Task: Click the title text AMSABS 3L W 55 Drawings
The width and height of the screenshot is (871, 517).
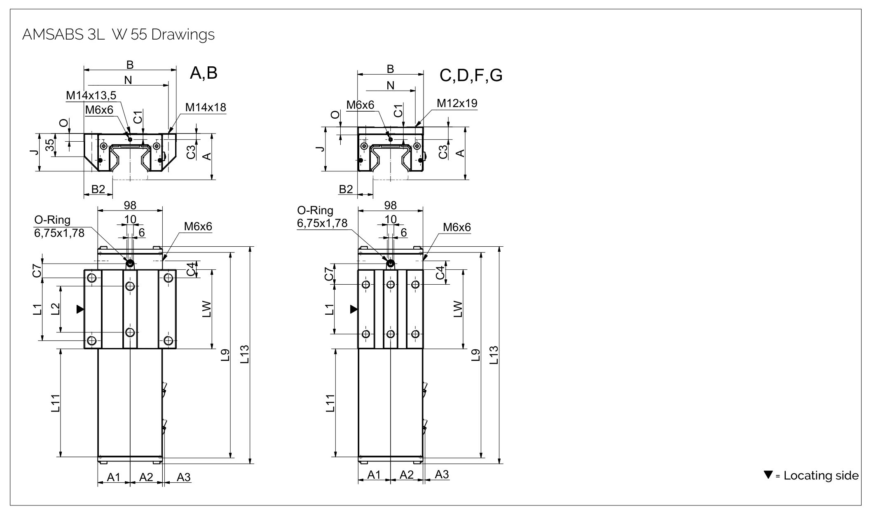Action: pos(118,35)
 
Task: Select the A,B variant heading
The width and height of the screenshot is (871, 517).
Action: pos(204,73)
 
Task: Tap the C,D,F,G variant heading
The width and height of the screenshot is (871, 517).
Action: pos(471,75)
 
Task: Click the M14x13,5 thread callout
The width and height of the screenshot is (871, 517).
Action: pos(91,96)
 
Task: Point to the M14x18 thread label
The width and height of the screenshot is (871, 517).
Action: pos(206,108)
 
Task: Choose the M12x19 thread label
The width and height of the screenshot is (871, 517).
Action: pos(457,103)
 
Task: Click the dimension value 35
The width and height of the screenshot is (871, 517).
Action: pos(49,145)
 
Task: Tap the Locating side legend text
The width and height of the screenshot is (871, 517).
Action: pos(821,476)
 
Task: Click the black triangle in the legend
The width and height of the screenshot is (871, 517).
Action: pos(768,475)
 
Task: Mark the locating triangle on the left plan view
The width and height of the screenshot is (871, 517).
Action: pos(80,309)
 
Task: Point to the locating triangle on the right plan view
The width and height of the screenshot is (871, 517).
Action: pos(354,309)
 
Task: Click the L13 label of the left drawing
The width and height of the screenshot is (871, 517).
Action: pos(245,355)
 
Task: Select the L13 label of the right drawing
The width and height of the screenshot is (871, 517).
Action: pos(494,355)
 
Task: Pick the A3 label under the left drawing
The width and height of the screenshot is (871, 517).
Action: pos(184,477)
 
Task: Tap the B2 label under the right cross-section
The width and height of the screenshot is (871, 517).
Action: pos(346,189)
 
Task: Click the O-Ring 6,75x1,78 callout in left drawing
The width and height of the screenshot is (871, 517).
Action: pos(59,227)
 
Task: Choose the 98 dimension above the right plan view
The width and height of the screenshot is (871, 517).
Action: pos(390,205)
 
